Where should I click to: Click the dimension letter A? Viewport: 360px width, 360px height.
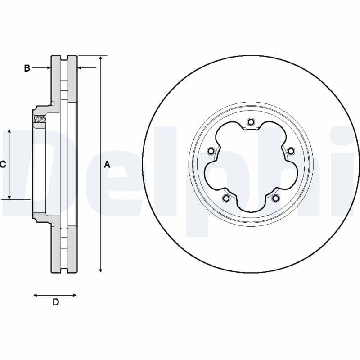tap(107, 165)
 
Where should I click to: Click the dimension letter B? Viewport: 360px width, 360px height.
tap(27, 68)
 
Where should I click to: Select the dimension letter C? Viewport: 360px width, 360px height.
tap(3, 165)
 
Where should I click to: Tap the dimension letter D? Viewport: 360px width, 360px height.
tap(56, 302)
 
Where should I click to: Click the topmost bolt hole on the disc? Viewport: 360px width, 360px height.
tap(251, 121)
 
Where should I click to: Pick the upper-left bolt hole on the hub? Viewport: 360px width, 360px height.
tap(211, 151)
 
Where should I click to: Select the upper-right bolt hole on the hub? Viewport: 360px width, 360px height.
tap(291, 151)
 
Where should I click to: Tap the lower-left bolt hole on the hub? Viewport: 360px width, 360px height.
tap(226, 198)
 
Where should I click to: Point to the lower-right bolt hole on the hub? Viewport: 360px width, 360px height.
tap(275, 198)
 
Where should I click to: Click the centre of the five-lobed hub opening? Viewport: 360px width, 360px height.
tap(251, 166)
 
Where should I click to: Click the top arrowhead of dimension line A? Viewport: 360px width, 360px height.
tap(101, 59)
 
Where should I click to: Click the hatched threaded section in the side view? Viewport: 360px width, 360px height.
tap(40, 119)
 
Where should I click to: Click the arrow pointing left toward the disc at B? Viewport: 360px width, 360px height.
tap(81, 68)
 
